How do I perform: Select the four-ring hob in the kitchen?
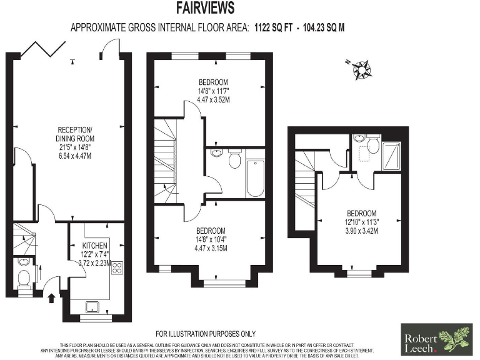click(x=117, y=269)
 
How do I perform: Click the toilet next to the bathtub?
click(x=235, y=160)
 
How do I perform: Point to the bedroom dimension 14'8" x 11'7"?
click(x=213, y=91)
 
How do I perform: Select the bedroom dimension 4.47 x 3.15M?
click(x=213, y=247)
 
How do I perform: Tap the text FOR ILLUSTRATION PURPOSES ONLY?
click(x=206, y=334)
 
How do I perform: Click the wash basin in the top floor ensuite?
click(x=359, y=139)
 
